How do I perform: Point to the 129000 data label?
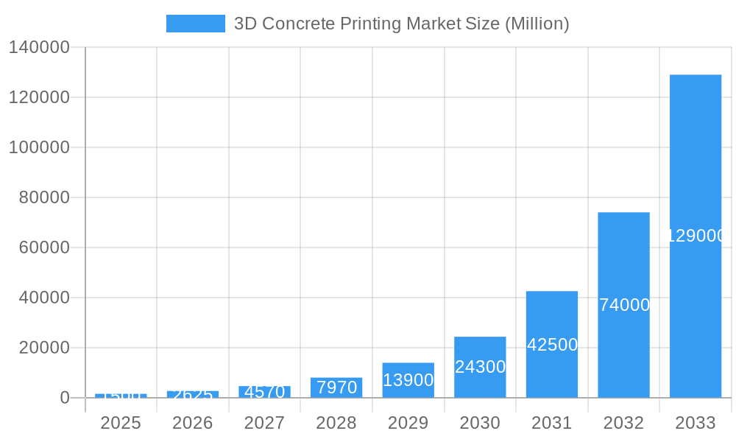coord(696,236)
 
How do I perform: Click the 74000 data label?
coord(624,305)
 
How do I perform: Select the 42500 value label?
coord(552,345)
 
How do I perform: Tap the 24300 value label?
coord(480,367)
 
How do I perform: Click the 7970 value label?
coord(336,387)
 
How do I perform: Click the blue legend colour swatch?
coord(195,24)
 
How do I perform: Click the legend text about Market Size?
coord(401,24)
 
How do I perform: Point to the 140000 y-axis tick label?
coord(38,47)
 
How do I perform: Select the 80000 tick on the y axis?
coord(43,197)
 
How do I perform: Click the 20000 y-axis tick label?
coord(43,348)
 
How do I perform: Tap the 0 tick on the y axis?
coord(64,398)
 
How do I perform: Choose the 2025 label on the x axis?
coord(121,423)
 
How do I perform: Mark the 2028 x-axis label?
coord(336,423)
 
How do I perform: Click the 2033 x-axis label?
coord(695,423)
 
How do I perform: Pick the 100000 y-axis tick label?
coord(38,147)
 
